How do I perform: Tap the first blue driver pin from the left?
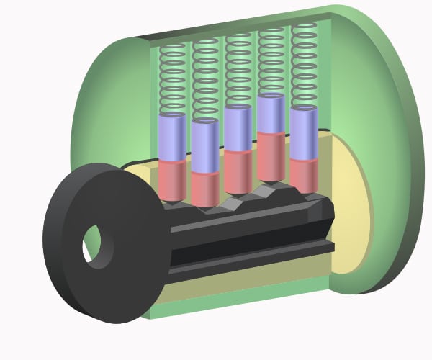click(x=172, y=138)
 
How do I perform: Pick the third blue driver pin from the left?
click(x=238, y=130)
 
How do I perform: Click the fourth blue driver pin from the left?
click(x=271, y=116)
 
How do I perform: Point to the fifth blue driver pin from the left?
click(x=304, y=134)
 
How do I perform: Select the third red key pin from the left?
click(x=238, y=171)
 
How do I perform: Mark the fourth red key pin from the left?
click(x=271, y=155)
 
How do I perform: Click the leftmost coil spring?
click(x=172, y=79)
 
